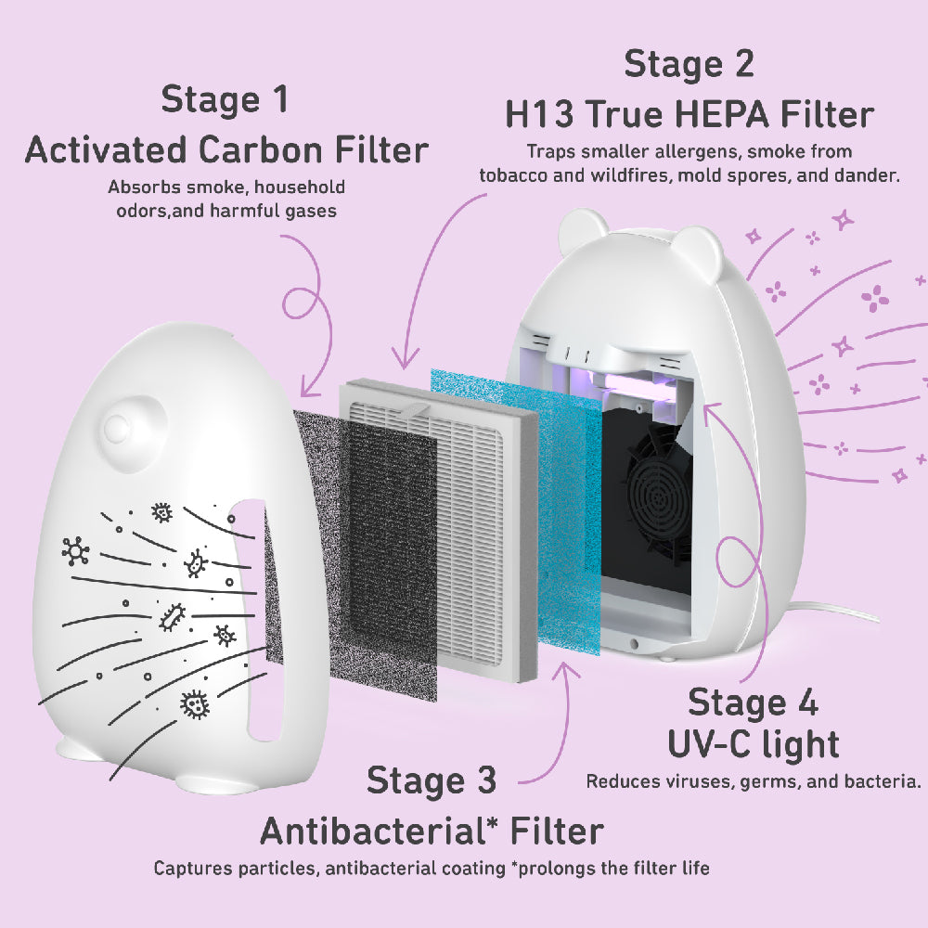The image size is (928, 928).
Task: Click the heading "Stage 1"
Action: point(225,99)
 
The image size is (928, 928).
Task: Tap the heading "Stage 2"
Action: point(689,64)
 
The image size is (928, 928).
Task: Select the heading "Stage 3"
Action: point(432,780)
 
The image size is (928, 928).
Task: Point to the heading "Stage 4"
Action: point(753,703)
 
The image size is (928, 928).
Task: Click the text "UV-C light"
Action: point(754,744)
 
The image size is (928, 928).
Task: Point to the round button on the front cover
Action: point(117,426)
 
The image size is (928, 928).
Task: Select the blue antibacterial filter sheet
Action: point(515,509)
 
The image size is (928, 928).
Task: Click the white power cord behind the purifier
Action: point(834,612)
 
